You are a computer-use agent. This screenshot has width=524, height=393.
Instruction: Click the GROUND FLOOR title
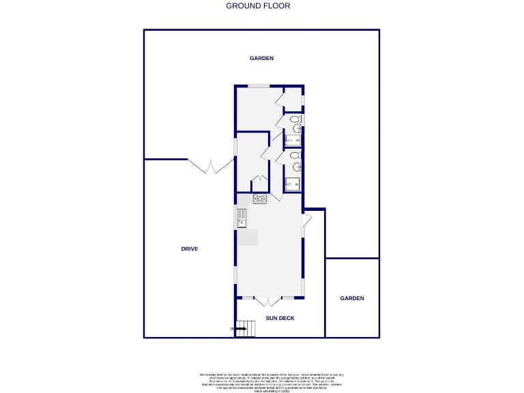point(258,6)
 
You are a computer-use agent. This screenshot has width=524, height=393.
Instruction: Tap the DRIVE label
point(189,249)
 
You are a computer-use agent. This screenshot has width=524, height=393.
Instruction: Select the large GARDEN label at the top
point(261,59)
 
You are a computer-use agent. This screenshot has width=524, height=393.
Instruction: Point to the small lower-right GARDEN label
point(352,298)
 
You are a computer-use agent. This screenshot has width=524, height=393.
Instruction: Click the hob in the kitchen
point(259,199)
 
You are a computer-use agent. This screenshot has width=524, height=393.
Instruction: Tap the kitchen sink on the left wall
point(242,218)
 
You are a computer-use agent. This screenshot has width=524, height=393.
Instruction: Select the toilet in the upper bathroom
point(296,127)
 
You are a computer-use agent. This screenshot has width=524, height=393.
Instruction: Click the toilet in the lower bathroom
point(296,165)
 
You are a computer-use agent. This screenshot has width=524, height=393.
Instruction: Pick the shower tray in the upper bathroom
point(293,141)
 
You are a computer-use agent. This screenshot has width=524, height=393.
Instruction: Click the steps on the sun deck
point(246,328)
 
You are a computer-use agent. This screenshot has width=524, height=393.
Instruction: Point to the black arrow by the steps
point(239,329)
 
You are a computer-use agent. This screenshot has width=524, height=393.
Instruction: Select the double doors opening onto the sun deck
point(269,300)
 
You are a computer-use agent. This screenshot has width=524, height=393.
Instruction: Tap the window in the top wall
point(258,86)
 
